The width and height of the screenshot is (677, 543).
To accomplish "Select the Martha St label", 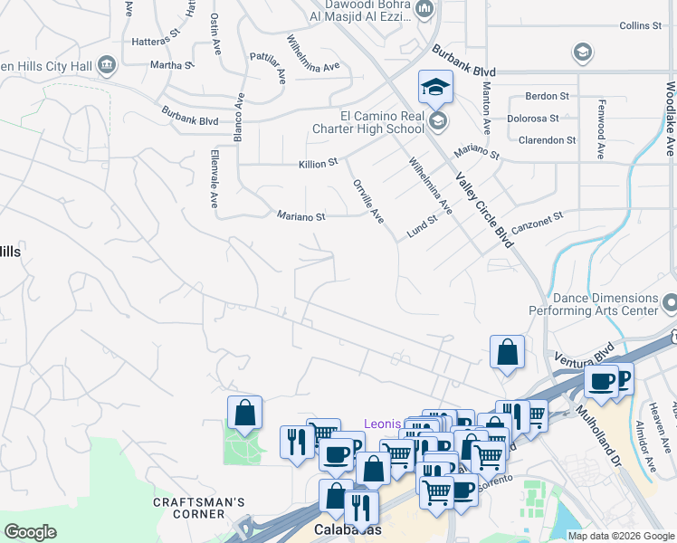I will pyautogui.click(x=172, y=65).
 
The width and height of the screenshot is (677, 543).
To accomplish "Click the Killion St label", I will pyautogui.click(x=318, y=164).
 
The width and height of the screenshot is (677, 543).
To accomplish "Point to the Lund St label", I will pyautogui.click(x=422, y=226).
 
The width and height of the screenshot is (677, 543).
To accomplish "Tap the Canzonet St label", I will pyautogui.click(x=538, y=222).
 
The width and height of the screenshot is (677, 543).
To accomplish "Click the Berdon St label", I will pyautogui.click(x=548, y=96).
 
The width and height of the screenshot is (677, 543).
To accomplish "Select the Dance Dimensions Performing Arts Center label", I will pyautogui.click(x=606, y=304).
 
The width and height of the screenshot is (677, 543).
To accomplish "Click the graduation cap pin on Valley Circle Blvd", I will pyautogui.click(x=435, y=88).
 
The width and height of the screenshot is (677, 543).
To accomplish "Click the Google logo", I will pyautogui.click(x=30, y=532).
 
